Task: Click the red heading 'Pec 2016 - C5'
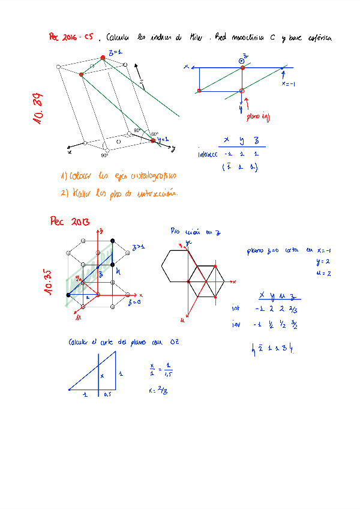(x=70, y=37)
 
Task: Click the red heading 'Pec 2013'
(x=70, y=221)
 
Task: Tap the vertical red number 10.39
(x=38, y=107)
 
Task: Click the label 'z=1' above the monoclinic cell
(x=115, y=52)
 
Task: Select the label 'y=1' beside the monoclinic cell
(x=163, y=139)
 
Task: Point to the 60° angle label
(x=154, y=134)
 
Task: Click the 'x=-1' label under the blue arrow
(x=289, y=83)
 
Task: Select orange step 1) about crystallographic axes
(x=118, y=176)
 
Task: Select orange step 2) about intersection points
(x=119, y=193)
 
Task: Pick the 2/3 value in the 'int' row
(x=292, y=309)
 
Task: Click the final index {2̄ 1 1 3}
(x=273, y=348)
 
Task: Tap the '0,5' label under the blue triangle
(x=108, y=394)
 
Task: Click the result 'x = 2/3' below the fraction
(x=157, y=390)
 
